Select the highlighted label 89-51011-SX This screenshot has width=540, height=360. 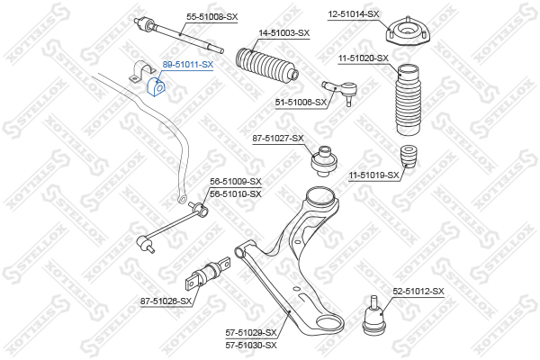187,65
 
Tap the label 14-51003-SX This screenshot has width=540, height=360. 283,32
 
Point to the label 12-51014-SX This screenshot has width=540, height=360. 354,13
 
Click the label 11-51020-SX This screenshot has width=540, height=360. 364,58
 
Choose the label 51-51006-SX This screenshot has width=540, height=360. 300,103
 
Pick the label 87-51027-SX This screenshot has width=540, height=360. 278,138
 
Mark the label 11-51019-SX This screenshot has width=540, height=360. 373,175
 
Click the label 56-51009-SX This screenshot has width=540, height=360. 236,182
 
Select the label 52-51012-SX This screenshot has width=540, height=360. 418,291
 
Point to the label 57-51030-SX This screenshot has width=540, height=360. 251,345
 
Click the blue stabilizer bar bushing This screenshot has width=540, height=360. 155,87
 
